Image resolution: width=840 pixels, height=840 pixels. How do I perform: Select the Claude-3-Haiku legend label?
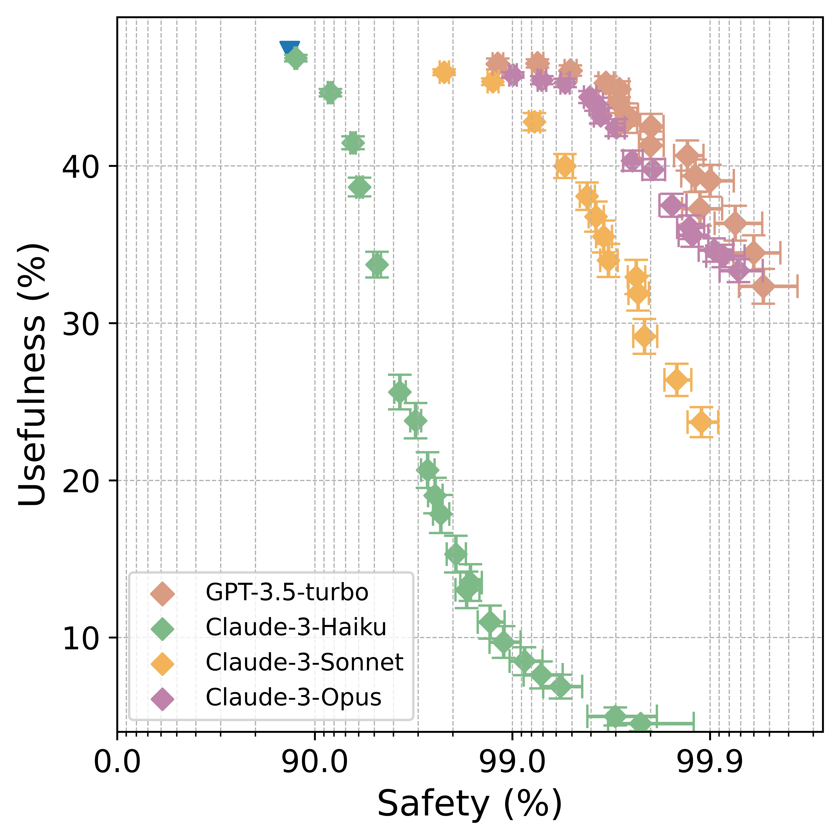coord(296,628)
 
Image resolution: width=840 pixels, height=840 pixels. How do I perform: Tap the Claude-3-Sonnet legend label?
coord(304,662)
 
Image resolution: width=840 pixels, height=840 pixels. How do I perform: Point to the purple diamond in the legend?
coord(162,698)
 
